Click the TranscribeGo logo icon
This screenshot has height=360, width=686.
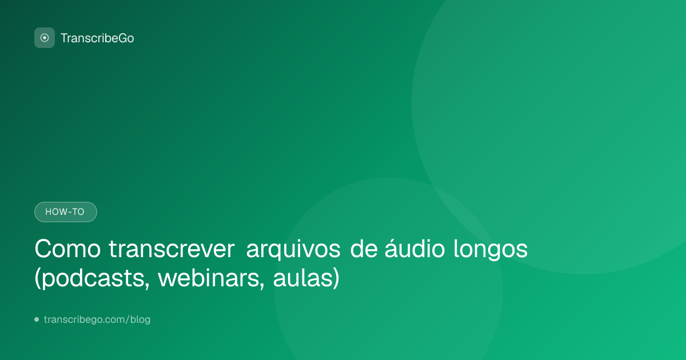(45, 38)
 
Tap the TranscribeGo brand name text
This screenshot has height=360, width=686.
(97, 38)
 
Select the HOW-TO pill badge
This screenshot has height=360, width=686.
(66, 212)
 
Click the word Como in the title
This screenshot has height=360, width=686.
(67, 249)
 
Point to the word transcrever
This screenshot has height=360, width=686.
(171, 249)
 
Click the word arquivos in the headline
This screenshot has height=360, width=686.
(293, 250)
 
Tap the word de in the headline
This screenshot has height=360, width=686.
(364, 249)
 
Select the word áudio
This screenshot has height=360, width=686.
(414, 248)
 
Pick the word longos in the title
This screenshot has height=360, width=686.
(490, 250)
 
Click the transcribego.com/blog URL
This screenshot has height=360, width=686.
(97, 319)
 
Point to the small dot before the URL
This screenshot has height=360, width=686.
(37, 319)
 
